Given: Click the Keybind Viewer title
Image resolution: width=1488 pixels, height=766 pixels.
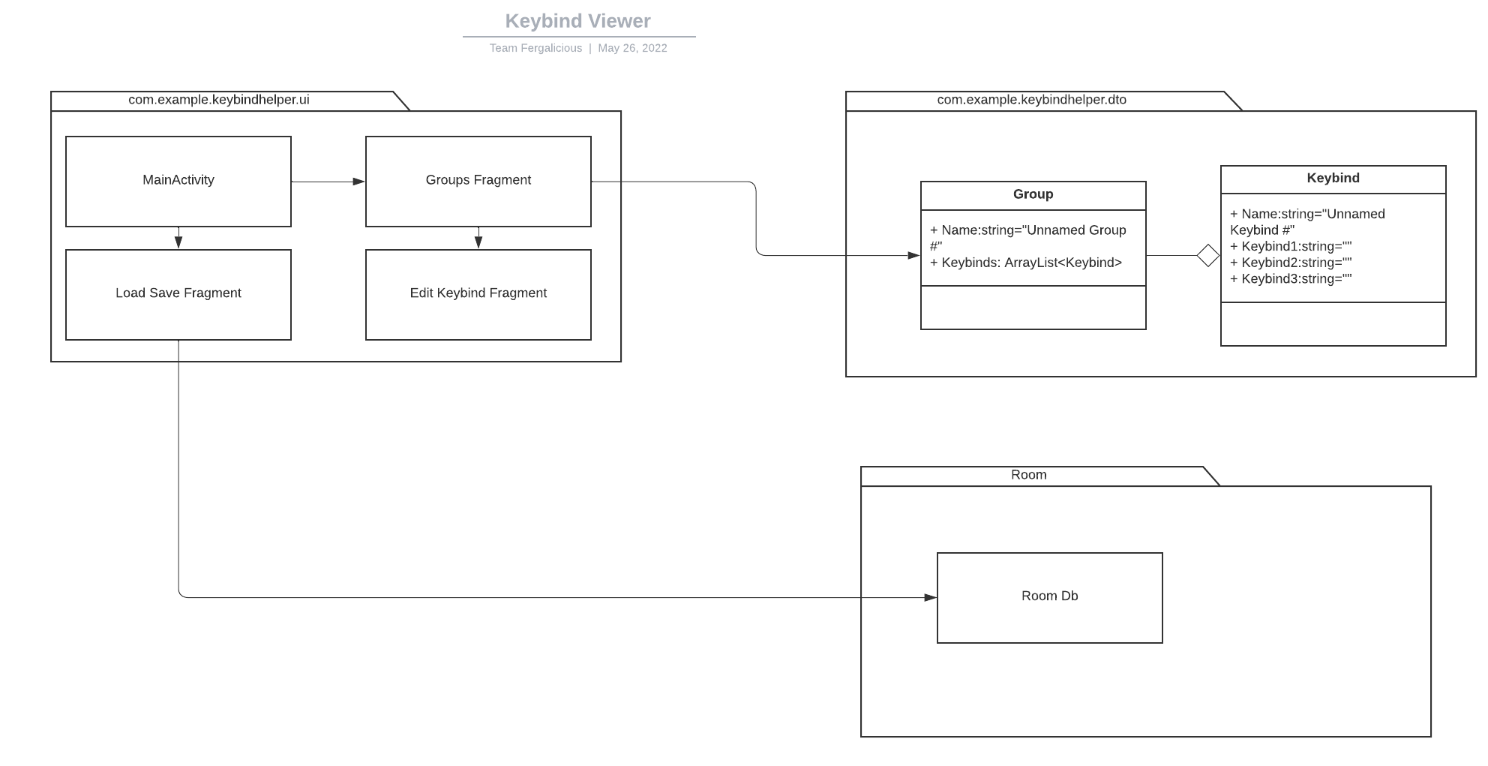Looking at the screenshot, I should (x=577, y=21).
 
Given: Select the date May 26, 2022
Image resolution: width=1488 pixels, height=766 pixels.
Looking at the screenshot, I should (x=632, y=48).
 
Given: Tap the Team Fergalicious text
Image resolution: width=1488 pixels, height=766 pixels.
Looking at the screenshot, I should (x=535, y=48).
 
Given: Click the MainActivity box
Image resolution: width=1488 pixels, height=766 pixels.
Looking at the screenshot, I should (x=178, y=181).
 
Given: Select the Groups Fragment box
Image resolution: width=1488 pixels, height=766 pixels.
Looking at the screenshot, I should (x=478, y=181).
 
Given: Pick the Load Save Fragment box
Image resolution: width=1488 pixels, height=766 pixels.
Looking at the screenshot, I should (x=178, y=294).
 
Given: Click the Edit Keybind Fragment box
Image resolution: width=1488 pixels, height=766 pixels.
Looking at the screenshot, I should (x=478, y=294).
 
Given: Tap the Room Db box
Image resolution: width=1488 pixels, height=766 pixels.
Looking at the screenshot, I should (x=1049, y=597).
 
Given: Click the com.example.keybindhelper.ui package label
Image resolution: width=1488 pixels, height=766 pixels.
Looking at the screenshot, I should (x=219, y=100).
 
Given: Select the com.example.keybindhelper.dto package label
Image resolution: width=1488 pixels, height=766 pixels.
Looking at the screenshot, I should (x=1031, y=100).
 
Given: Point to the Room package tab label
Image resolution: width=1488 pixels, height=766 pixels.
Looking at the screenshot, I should (x=1028, y=475).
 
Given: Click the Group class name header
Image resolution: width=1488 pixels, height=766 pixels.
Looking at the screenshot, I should (x=1033, y=194).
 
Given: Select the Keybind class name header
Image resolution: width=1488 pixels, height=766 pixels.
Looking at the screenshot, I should (x=1333, y=179).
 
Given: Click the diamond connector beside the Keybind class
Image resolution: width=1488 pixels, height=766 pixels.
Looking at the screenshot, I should (x=1207, y=256).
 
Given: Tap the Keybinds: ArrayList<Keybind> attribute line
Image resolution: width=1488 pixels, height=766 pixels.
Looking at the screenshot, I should (x=1026, y=263).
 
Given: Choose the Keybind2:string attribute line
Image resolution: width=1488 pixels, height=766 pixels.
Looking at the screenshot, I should (x=1291, y=263).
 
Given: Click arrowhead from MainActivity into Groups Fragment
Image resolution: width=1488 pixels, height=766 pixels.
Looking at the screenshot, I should (x=358, y=182).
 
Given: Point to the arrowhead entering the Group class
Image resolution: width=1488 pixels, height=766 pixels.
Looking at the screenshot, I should (x=913, y=256).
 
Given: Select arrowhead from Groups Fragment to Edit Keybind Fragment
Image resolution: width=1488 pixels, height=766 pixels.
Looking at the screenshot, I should (x=478, y=242).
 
